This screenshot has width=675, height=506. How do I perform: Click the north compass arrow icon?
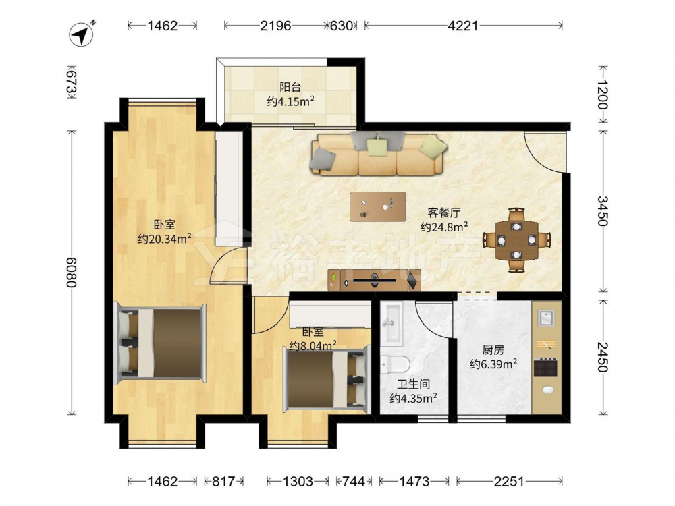pos(82,34)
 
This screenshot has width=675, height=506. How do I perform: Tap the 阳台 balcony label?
pos(290,87)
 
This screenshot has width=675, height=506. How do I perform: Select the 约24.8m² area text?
pos(444,227)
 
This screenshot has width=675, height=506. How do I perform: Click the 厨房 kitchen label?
pos(493,349)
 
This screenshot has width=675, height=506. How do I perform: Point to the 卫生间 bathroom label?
pos(413,384)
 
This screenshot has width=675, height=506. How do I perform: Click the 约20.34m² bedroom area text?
pos(165,238)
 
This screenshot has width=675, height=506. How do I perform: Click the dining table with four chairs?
pos(516,240)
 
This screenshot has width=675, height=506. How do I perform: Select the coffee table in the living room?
pos(378,207)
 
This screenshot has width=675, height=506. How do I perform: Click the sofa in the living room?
pos(377,154)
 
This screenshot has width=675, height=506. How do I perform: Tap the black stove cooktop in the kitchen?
pos(546,367)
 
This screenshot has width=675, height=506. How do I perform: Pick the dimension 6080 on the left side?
pos(72,273)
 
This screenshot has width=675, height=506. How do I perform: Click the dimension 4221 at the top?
pos(463,26)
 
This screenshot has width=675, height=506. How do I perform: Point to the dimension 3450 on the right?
pos(603,210)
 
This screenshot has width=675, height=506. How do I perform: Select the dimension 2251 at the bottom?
pos(509,481)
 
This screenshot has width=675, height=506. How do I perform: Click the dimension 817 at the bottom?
pos(223,481)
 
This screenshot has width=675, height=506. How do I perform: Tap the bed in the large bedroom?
pos(160,342)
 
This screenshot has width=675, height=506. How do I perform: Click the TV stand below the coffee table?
pos(374,281)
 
